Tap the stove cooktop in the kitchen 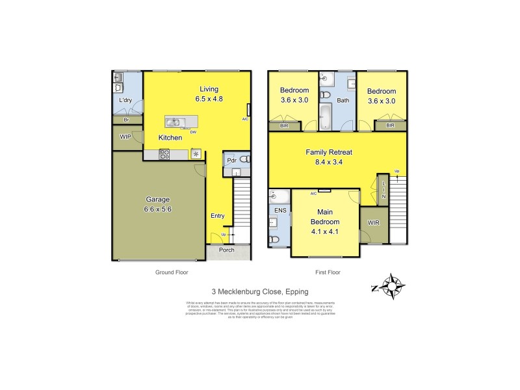(x=165, y=154)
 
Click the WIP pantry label (x=126, y=137)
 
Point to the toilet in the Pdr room (x=244, y=159)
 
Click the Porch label (x=227, y=250)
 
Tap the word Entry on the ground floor (x=217, y=216)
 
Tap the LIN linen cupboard (x=383, y=189)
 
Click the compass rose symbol (x=393, y=285)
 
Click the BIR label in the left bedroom (x=284, y=125)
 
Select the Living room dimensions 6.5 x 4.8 (x=209, y=99)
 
